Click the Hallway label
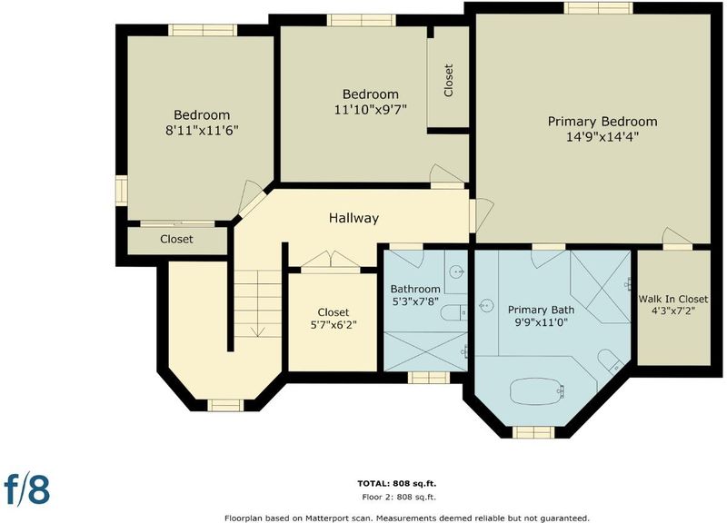pyautogui.click(x=354, y=218)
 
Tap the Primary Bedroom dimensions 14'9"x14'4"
pyautogui.click(x=603, y=137)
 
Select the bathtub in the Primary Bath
pyautogui.click(x=537, y=391)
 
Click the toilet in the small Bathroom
pyautogui.click(x=453, y=313)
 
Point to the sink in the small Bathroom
pyautogui.click(x=458, y=271)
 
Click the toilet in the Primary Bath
pyautogui.click(x=610, y=360)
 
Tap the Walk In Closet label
pyautogui.click(x=673, y=300)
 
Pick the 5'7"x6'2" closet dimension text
pyautogui.click(x=334, y=325)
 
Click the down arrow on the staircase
pyautogui.click(x=258, y=331)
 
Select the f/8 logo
pyautogui.click(x=27, y=488)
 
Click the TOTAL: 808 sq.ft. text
pyautogui.click(x=397, y=484)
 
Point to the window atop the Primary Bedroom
pyautogui.click(x=599, y=8)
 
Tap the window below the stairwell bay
pyautogui.click(x=225, y=405)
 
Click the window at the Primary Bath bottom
pyautogui.click(x=533, y=432)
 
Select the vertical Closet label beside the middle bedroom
pyautogui.click(x=448, y=81)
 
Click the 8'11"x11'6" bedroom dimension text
pyautogui.click(x=202, y=131)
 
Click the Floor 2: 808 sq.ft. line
pyautogui.click(x=399, y=498)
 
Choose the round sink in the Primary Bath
pyautogui.click(x=486, y=306)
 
